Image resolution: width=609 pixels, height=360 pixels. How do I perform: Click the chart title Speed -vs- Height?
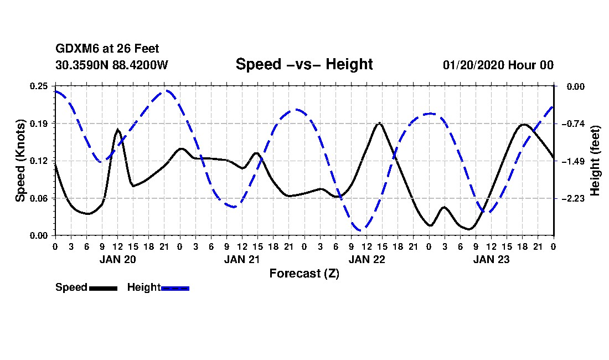point(304,64)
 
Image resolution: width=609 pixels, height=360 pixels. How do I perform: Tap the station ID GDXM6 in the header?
point(74,49)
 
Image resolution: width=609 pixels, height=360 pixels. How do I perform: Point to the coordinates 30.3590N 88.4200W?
point(111,65)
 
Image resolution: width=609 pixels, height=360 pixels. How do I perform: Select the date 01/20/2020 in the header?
point(474,65)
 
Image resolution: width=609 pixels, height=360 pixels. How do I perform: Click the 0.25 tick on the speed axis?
point(39,86)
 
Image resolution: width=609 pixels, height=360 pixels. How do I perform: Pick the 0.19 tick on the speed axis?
point(39,124)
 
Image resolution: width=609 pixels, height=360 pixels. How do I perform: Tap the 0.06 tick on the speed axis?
point(39,198)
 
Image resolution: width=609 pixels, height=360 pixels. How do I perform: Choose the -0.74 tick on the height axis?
point(572,124)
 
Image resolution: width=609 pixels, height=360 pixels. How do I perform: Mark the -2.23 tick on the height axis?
point(572,198)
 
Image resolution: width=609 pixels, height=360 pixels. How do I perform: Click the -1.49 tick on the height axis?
point(572,161)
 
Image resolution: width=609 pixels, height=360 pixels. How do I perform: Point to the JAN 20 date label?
point(118,259)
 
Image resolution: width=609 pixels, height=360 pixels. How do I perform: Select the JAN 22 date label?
point(367,259)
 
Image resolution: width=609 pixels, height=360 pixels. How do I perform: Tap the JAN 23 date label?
point(492,259)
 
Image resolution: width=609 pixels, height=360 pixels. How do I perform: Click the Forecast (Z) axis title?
point(304,274)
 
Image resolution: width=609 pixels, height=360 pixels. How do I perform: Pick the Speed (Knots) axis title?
point(20,161)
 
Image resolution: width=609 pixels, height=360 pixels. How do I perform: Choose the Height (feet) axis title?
point(595,161)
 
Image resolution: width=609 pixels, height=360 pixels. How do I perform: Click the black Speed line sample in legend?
point(103,288)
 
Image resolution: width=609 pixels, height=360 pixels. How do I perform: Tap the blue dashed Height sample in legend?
point(175,288)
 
